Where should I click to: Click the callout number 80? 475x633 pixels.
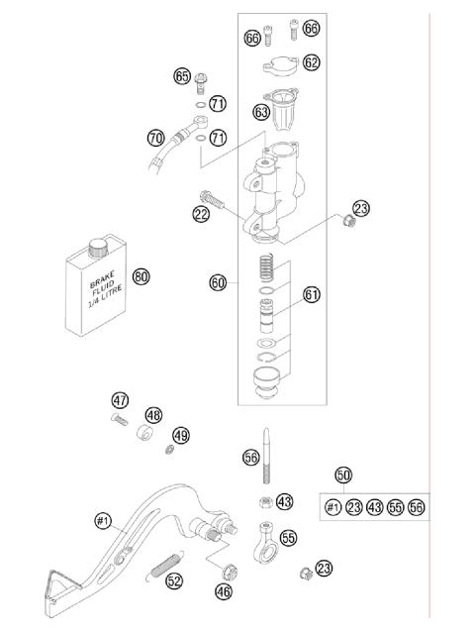pos(142,276)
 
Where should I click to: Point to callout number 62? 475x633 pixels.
pos(312,62)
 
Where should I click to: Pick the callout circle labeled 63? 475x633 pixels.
pos(261,112)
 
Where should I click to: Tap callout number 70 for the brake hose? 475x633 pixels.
pos(155,138)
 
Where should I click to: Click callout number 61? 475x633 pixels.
pos(312,294)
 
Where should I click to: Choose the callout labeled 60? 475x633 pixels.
pos(219,282)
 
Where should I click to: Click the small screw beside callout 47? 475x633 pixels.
pos(119,420)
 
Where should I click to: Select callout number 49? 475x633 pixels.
pos(180,435)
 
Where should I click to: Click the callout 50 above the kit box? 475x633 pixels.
pos(344,475)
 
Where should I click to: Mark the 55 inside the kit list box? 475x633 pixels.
pos(395,507)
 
